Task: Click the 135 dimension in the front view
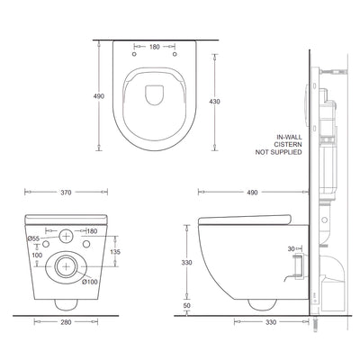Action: (114, 252)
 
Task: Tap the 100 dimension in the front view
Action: (37, 256)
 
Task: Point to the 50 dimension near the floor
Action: (186, 306)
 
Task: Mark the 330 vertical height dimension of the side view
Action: (186, 263)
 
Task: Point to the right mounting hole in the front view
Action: (87, 244)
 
